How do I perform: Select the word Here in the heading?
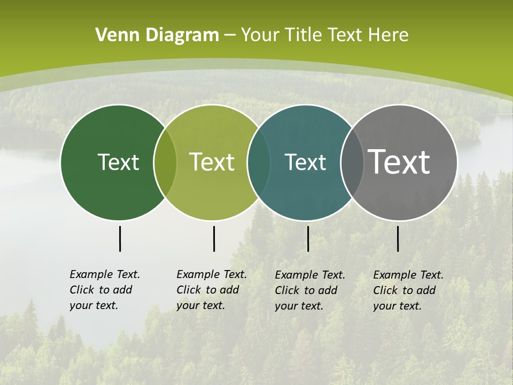pos(388,35)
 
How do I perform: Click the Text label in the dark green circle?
pos(118,162)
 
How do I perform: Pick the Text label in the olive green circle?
pos(212,162)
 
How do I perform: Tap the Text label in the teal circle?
pos(305,162)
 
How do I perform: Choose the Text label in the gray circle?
pos(399,162)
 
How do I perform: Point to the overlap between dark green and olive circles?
pos(165,163)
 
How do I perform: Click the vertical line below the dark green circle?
pos(120,238)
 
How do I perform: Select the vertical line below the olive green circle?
pos(214,238)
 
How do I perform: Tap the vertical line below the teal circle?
pos(308,238)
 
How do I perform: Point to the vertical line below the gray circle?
pos(398,238)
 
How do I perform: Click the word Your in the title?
pos(261,35)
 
